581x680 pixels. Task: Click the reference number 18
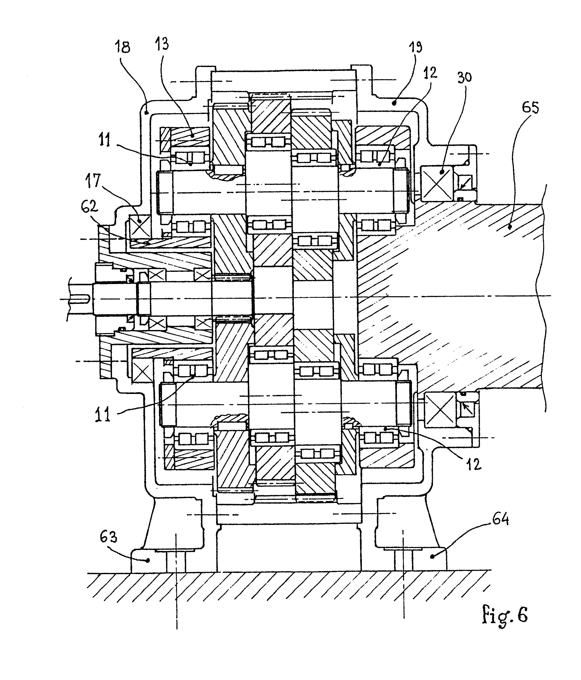pos(122,47)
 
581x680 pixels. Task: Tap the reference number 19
pos(415,47)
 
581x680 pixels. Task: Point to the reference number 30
pos(464,78)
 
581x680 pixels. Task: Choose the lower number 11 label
pos(103,415)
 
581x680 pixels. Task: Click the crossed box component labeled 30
pos(436,183)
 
